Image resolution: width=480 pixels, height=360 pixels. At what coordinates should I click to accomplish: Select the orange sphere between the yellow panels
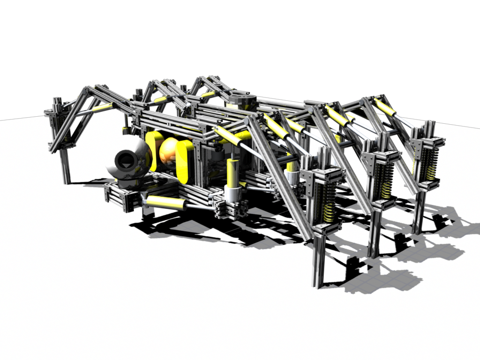[x=167, y=151]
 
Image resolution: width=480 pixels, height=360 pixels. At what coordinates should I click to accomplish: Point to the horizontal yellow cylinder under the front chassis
[x=165, y=202]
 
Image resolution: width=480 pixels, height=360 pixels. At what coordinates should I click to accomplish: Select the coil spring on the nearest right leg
[x=329, y=202]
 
